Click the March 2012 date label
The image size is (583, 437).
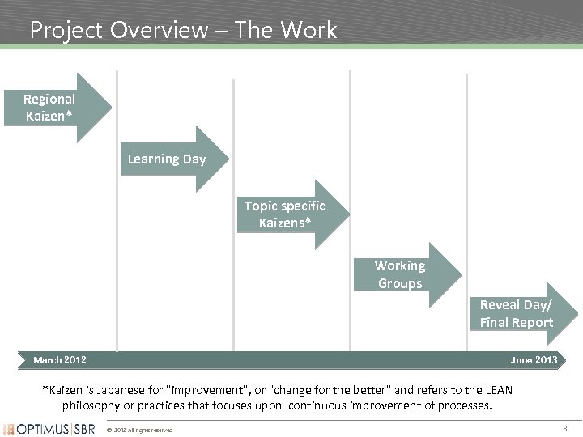point(60,359)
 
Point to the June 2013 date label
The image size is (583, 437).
point(534,359)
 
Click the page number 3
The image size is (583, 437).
point(564,427)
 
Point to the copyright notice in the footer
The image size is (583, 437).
point(139,430)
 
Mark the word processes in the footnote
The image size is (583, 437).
point(462,405)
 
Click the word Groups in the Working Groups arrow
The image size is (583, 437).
point(400,283)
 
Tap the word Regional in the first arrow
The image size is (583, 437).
point(49,99)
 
